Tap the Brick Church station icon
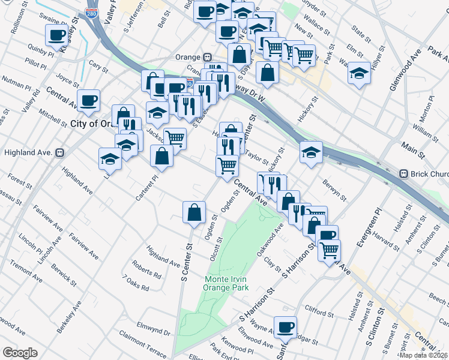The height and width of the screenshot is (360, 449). click(x=405, y=173)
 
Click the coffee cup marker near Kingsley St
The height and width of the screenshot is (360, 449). click(x=57, y=36)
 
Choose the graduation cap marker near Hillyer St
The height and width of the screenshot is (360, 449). click(x=359, y=73)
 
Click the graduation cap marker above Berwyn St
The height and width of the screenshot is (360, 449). click(x=311, y=153)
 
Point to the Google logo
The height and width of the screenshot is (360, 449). click(x=20, y=353)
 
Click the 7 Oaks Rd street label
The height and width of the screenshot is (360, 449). click(x=135, y=283)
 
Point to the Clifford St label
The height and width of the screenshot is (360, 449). click(x=319, y=313)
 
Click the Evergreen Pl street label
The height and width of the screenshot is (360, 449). click(x=369, y=227)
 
